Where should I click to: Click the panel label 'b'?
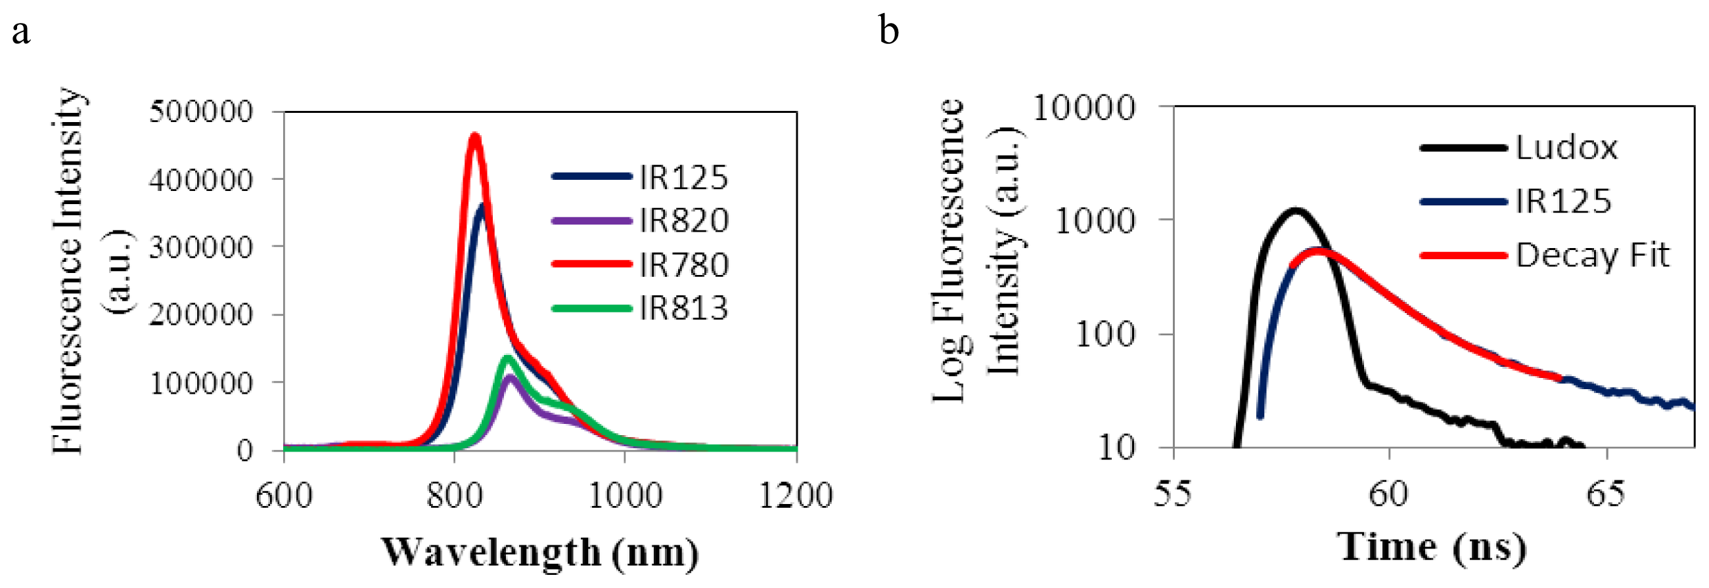pos(888,30)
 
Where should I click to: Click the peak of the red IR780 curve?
pos(474,137)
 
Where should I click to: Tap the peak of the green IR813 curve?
pos(507,358)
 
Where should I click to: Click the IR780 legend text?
pos(683,264)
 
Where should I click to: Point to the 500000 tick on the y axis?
pos(201,112)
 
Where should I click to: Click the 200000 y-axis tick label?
pos(201,314)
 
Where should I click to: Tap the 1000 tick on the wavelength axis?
pos(625,495)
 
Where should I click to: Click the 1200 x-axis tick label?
pos(796,495)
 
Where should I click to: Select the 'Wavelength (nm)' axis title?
pos(539,552)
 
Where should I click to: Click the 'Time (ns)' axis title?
pos(1432,547)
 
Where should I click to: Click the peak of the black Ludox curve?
pos(1294,211)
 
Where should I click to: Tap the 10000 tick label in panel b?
pos(1084,108)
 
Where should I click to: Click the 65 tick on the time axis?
pos(1605,494)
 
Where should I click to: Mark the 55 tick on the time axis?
pos(1173,494)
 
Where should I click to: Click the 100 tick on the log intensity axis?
pos(1105,333)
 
